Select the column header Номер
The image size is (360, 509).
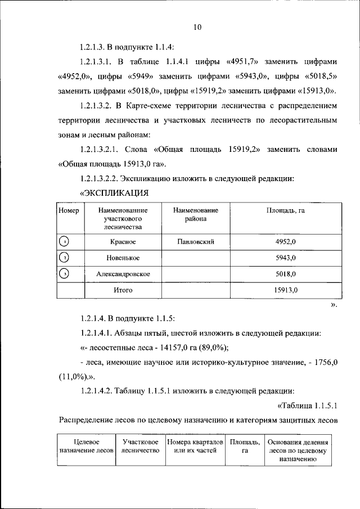coord(68,210)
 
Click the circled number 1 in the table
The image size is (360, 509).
coord(65,242)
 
